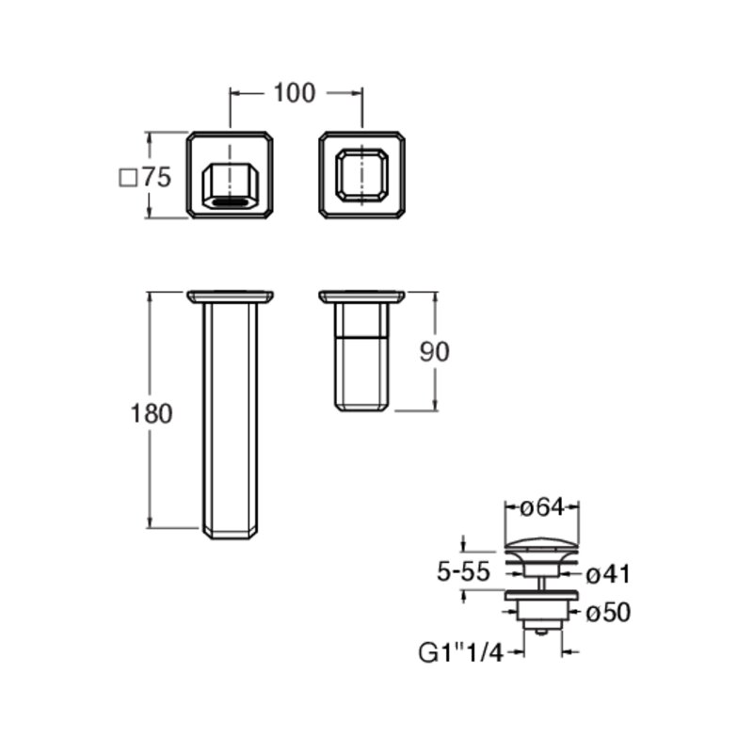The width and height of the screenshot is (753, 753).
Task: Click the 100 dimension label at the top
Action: pyautogui.click(x=295, y=92)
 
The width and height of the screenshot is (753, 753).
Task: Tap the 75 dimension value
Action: pyautogui.click(x=157, y=177)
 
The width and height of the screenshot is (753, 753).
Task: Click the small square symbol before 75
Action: pyautogui.click(x=128, y=178)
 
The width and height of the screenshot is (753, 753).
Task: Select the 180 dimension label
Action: pyautogui.click(x=152, y=413)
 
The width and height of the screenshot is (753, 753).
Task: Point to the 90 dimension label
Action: pyautogui.click(x=435, y=351)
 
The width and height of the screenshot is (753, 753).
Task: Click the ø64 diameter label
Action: pyautogui.click(x=542, y=507)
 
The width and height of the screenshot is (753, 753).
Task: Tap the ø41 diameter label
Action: pyautogui.click(x=608, y=574)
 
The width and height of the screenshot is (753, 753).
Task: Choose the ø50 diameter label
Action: pyautogui.click(x=608, y=613)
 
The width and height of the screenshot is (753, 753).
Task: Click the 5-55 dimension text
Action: pyautogui.click(x=463, y=571)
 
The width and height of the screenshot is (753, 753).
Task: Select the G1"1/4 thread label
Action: pyautogui.click(x=461, y=652)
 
